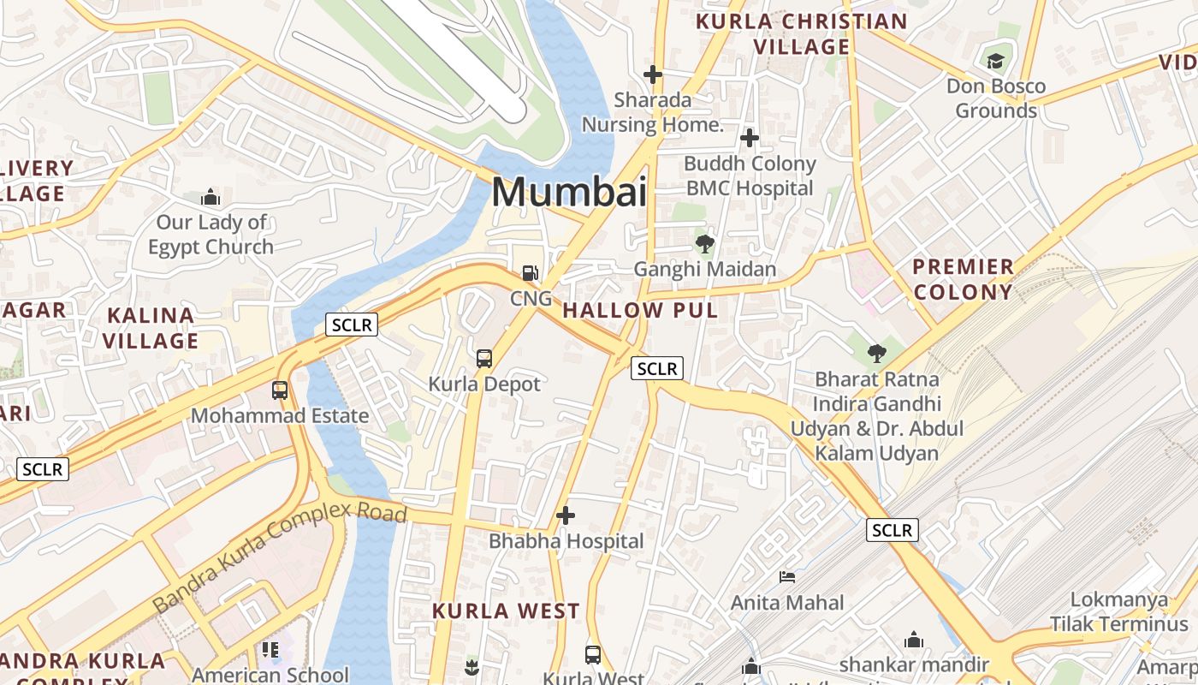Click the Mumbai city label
(x=569, y=192)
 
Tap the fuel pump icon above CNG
(x=531, y=273)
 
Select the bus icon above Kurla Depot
(x=484, y=358)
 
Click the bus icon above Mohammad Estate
(x=280, y=390)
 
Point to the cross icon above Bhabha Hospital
(x=565, y=515)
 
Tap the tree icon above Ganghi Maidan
(x=705, y=244)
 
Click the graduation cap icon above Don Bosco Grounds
(x=995, y=61)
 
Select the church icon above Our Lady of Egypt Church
(x=211, y=198)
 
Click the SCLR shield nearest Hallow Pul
(x=657, y=369)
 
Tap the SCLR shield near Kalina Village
(x=352, y=325)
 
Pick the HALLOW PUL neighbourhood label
(x=640, y=310)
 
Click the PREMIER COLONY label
(x=963, y=279)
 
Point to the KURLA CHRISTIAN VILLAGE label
(x=801, y=33)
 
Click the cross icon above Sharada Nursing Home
(x=653, y=74)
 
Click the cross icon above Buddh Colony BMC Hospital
(x=750, y=138)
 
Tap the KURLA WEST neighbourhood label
(x=506, y=611)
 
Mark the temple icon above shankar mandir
(x=914, y=640)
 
